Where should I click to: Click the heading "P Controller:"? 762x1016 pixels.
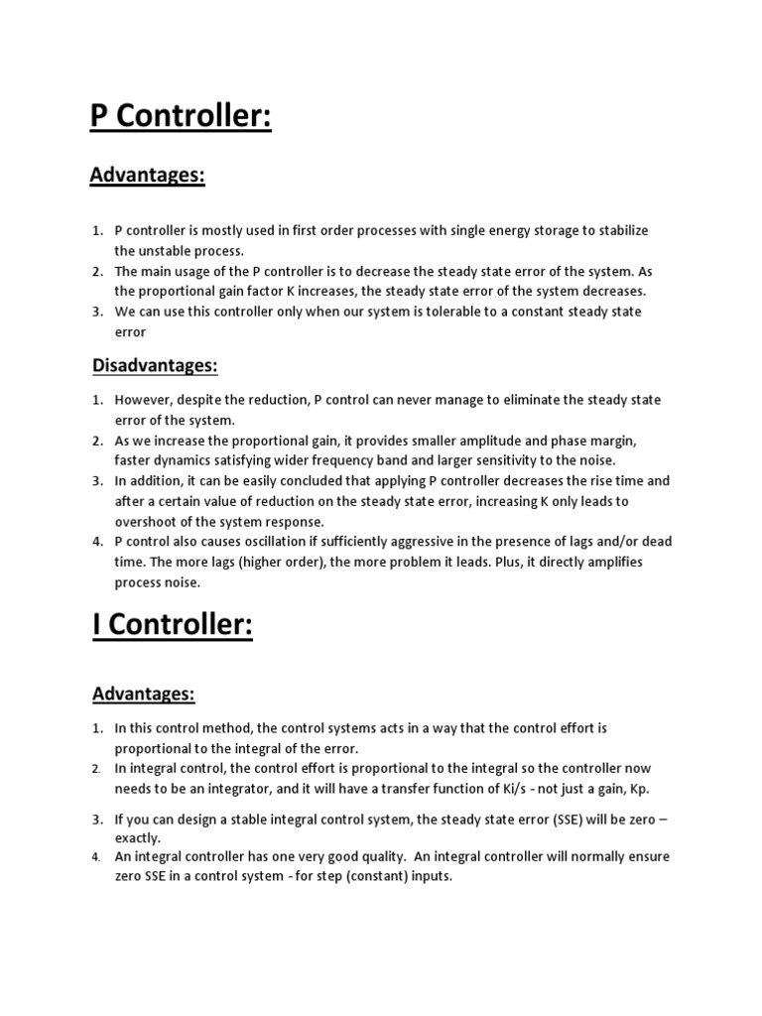tap(181, 116)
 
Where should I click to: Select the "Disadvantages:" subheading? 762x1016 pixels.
tap(154, 365)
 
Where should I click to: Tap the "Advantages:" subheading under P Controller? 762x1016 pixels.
tap(147, 176)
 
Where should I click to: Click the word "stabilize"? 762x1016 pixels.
tap(616, 230)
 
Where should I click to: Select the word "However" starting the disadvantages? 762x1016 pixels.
tap(143, 400)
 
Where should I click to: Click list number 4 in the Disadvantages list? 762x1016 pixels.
tap(98, 542)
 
